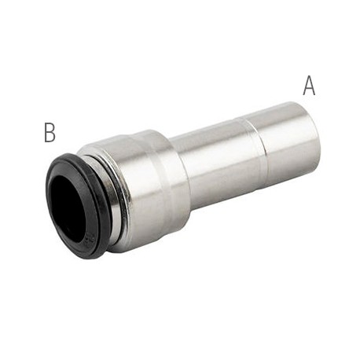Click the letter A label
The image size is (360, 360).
pos(309,86)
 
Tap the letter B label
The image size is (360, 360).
pos(50,133)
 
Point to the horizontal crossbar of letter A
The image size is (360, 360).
pos(309,89)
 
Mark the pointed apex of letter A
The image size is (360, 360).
pos(309,77)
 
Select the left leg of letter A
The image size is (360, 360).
pos(306,86)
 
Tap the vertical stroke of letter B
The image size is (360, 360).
pos(46,133)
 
